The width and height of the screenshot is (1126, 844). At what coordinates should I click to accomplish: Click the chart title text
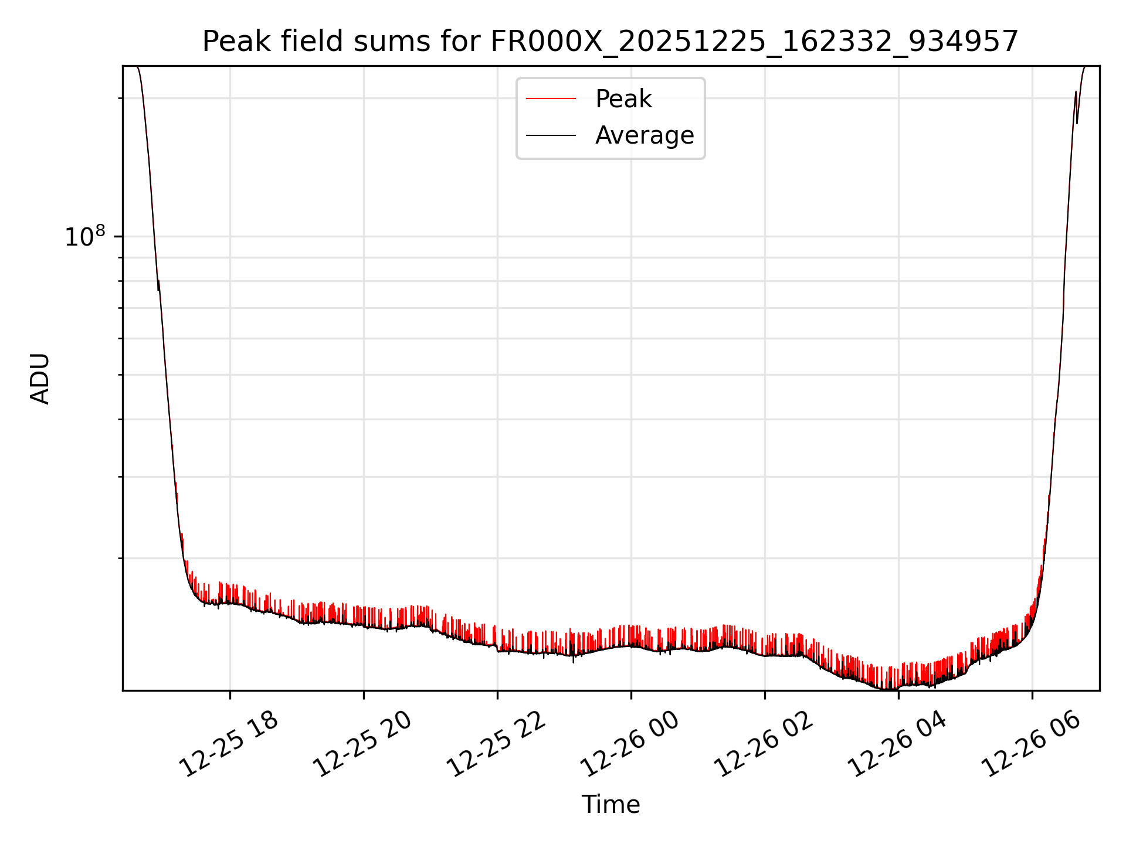(x=610, y=42)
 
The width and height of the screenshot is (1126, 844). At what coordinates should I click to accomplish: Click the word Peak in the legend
(x=623, y=99)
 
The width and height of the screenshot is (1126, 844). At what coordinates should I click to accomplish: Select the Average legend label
(x=644, y=135)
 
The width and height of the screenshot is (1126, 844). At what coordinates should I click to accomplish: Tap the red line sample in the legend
(x=551, y=99)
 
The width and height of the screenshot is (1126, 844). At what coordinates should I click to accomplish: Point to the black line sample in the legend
(x=551, y=135)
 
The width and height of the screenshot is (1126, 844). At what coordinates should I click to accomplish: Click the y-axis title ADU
(x=40, y=379)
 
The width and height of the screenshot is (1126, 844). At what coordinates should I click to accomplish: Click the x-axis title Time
(x=611, y=805)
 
